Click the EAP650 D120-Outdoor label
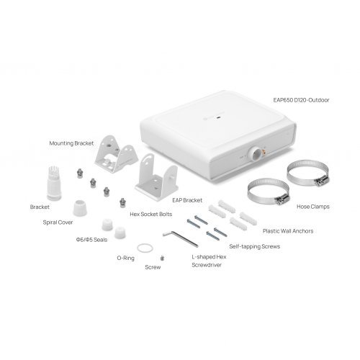pyautogui.click(x=302, y=100)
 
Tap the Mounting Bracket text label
pyautogui.click(x=71, y=143)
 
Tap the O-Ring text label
pyautogui.click(x=127, y=256)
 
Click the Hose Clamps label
pyautogui.click(x=312, y=206)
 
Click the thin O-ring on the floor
pyautogui.click(x=145, y=248)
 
